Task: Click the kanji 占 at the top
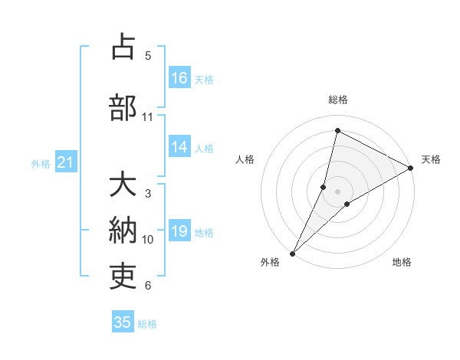pyautogui.click(x=123, y=47)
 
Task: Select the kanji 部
pyautogui.click(x=123, y=108)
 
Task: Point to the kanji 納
pyautogui.click(x=123, y=231)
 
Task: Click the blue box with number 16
pyautogui.click(x=179, y=78)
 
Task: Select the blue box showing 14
pyautogui.click(x=179, y=148)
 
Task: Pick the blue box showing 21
pyautogui.click(x=65, y=162)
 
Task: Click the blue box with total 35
pyautogui.click(x=123, y=322)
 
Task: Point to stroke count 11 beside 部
pyautogui.click(x=148, y=117)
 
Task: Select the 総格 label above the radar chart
pyautogui.click(x=338, y=100)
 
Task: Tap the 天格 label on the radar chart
pyautogui.click(x=431, y=159)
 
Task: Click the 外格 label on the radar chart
pyautogui.click(x=270, y=262)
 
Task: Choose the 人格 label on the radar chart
pyautogui.click(x=245, y=159)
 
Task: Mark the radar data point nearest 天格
pyautogui.click(x=411, y=168)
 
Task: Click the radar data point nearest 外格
pyautogui.click(x=292, y=253)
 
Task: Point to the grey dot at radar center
pyautogui.click(x=338, y=191)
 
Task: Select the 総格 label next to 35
pyautogui.click(x=147, y=324)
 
